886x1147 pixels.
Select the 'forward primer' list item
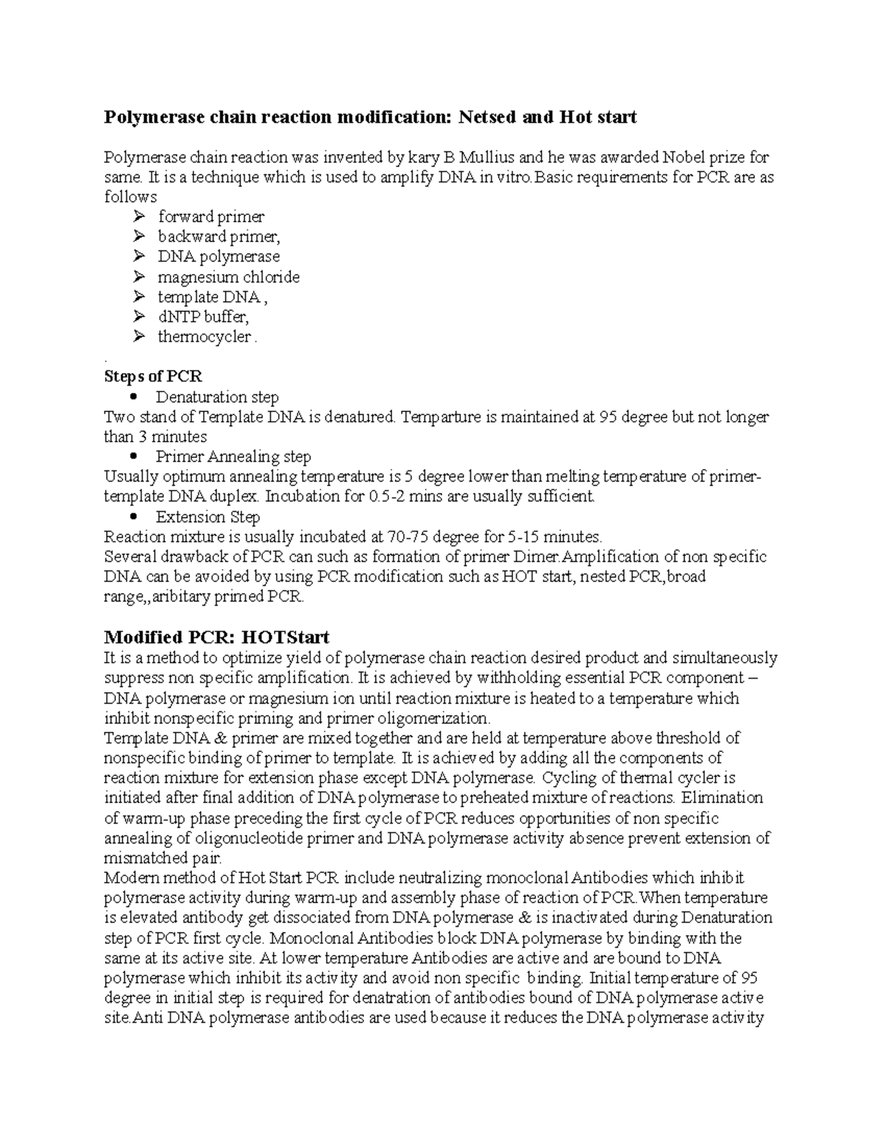(x=210, y=217)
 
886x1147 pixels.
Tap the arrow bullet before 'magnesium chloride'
(x=140, y=278)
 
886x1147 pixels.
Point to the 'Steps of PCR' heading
(x=153, y=377)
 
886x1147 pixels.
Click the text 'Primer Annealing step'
(x=233, y=457)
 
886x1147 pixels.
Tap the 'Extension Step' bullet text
(x=207, y=517)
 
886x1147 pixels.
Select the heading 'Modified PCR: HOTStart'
(x=216, y=637)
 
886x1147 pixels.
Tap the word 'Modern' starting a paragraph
(x=128, y=878)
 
